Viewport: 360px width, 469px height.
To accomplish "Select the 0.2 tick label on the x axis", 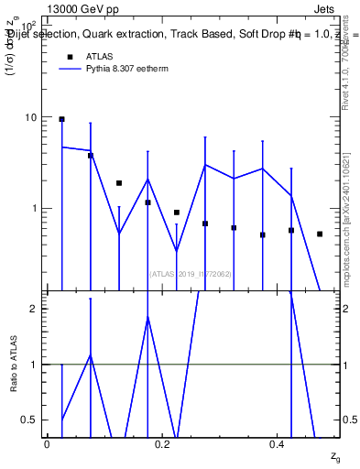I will click(x=162, y=443).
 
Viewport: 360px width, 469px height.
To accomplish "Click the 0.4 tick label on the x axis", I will click(x=278, y=443).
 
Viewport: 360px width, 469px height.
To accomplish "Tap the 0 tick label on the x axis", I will click(x=47, y=443).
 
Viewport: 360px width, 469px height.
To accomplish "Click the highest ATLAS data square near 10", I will click(x=61, y=119).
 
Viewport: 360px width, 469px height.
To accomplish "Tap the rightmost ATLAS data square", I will click(x=320, y=234).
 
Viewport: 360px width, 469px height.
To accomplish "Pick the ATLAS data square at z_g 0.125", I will click(x=119, y=183).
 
